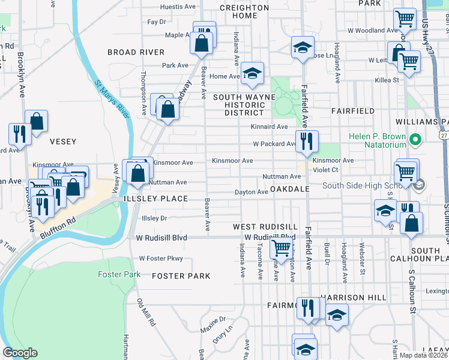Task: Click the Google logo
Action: (20, 353)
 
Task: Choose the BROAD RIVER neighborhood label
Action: (136, 52)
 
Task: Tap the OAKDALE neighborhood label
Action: (289, 188)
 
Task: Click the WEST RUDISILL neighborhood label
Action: (265, 226)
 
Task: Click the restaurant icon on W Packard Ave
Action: (307, 142)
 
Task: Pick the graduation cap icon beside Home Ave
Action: (253, 73)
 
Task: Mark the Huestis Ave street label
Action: (178, 7)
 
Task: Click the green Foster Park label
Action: (119, 274)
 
